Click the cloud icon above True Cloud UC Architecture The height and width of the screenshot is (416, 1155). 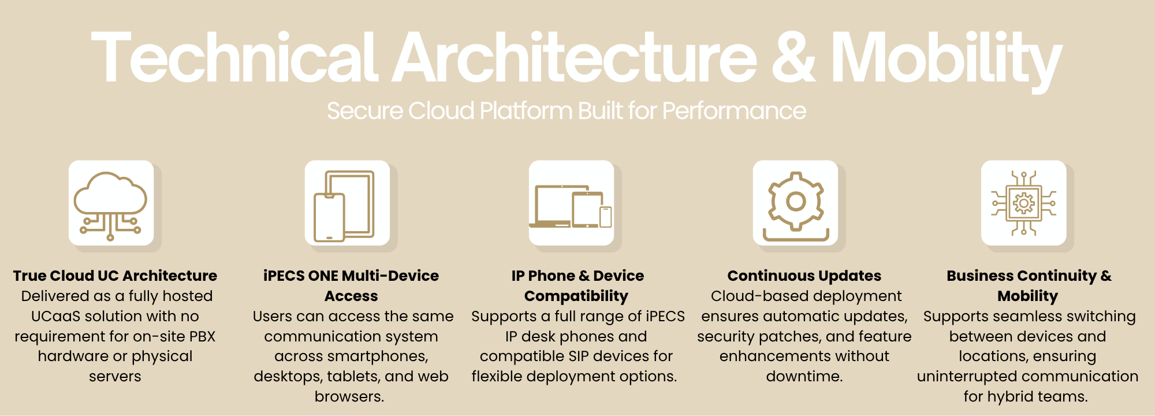point(110,205)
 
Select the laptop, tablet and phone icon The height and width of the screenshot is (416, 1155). point(571,206)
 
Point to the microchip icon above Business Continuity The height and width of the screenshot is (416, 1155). point(1024,203)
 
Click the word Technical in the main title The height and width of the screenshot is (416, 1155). point(234,58)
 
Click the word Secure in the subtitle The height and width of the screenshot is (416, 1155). point(364,110)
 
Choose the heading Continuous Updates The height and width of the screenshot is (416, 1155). point(804,276)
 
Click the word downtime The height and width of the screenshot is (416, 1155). point(804,376)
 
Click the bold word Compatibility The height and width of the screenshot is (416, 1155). point(576,296)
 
